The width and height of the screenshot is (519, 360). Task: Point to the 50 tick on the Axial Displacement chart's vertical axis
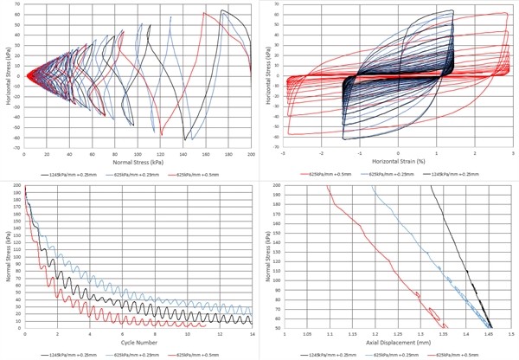(x=276, y=326)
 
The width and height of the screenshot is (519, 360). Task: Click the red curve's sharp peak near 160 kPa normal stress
(x=204, y=13)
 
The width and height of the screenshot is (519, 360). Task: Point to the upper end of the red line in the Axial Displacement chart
(x=328, y=185)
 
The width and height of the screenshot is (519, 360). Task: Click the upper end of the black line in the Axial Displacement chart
(x=430, y=185)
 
